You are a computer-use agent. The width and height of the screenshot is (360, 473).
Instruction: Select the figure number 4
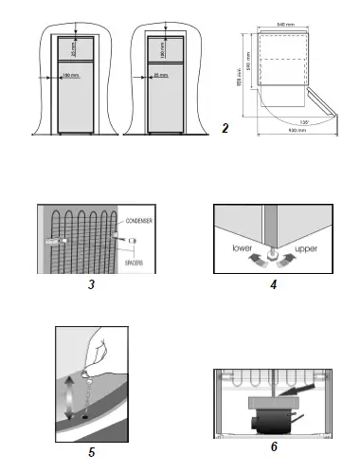click(x=272, y=282)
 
